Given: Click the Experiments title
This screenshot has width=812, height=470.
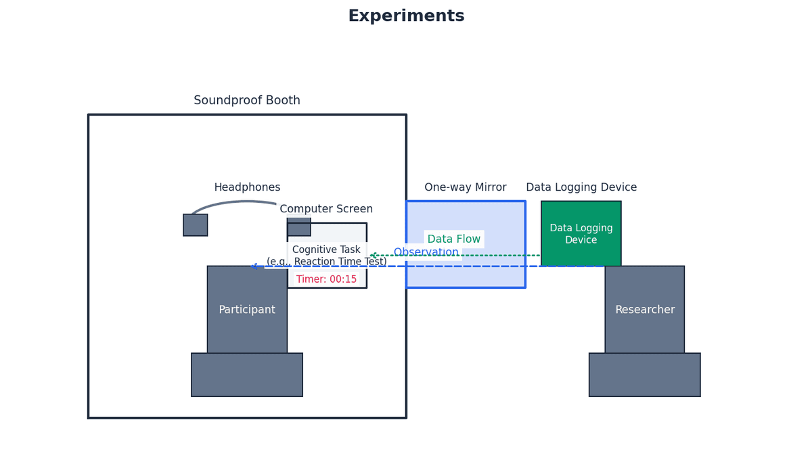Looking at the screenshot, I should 406,16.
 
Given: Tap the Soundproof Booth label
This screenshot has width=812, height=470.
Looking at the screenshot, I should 247,101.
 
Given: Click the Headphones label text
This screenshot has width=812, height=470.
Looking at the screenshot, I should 247,187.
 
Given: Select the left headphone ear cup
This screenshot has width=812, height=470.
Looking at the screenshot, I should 195,225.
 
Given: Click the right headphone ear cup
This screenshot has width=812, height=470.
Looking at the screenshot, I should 298,227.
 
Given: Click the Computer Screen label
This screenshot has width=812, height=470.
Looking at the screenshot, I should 326,209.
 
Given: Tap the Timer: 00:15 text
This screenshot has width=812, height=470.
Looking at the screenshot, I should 326,279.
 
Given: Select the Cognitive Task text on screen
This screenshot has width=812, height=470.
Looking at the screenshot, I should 326,250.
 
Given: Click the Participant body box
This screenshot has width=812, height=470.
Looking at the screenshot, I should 247,310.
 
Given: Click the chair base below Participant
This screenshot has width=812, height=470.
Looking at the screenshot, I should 247,375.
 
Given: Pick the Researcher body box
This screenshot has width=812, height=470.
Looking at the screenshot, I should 644,310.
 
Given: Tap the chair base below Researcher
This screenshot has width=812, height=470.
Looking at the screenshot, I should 644,375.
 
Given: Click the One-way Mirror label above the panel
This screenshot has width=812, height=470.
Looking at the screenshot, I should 466,187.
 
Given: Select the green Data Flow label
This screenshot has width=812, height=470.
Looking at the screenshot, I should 454,239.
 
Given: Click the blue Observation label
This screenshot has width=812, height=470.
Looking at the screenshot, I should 426,252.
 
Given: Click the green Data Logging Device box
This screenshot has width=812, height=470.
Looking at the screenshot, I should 581,233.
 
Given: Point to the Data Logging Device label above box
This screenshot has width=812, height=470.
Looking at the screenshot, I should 581,187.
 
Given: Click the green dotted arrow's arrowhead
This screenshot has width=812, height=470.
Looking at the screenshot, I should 372,256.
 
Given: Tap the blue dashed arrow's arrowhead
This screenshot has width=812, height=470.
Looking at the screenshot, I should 254,266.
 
